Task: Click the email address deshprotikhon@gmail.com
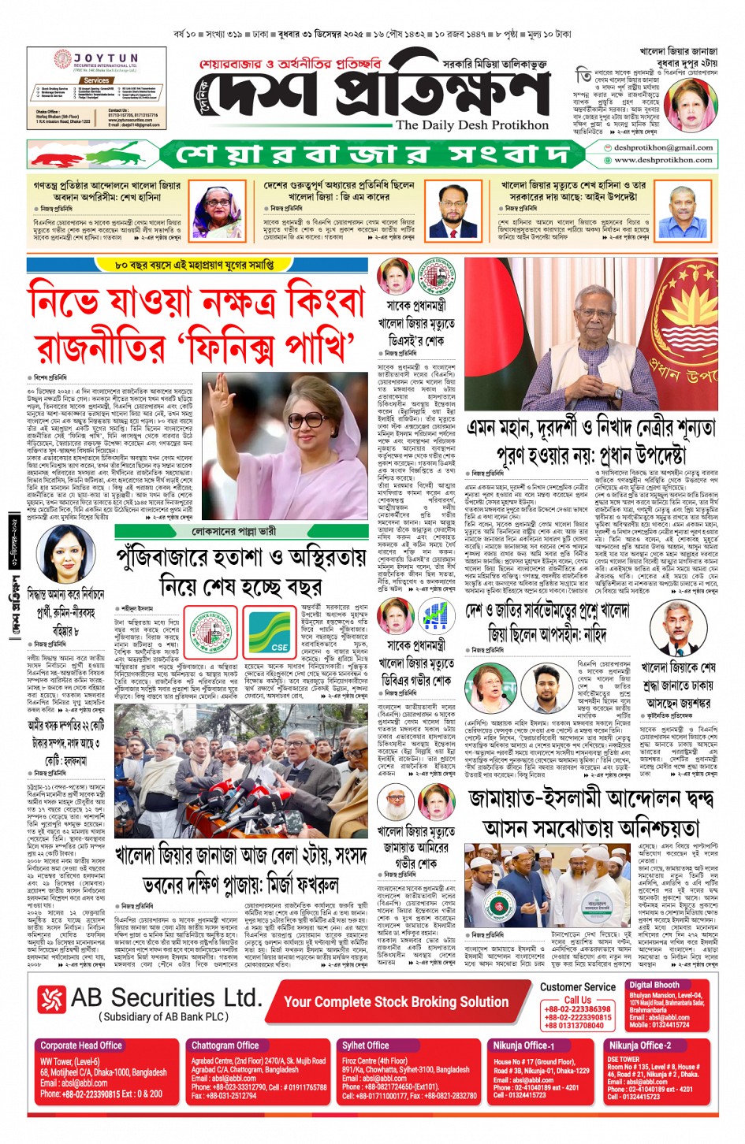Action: click(663, 147)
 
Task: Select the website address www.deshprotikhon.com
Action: click(663, 159)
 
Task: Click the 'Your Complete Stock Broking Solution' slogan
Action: click(396, 1001)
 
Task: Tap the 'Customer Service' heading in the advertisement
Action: click(577, 986)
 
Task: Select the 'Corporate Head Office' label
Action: click(81, 1046)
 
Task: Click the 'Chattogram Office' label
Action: click(225, 1046)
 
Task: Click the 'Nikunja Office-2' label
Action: click(639, 1046)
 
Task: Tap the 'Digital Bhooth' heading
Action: click(654, 985)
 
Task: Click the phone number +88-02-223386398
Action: click(577, 1009)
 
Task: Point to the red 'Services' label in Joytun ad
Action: click(96, 80)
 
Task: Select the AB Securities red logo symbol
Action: click(52, 1000)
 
